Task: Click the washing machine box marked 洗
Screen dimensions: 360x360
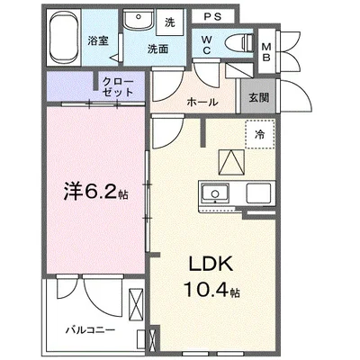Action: [168, 20]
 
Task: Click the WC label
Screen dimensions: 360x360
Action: [207, 45]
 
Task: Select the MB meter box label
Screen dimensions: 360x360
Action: [266, 52]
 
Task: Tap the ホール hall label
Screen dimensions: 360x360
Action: [202, 102]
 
